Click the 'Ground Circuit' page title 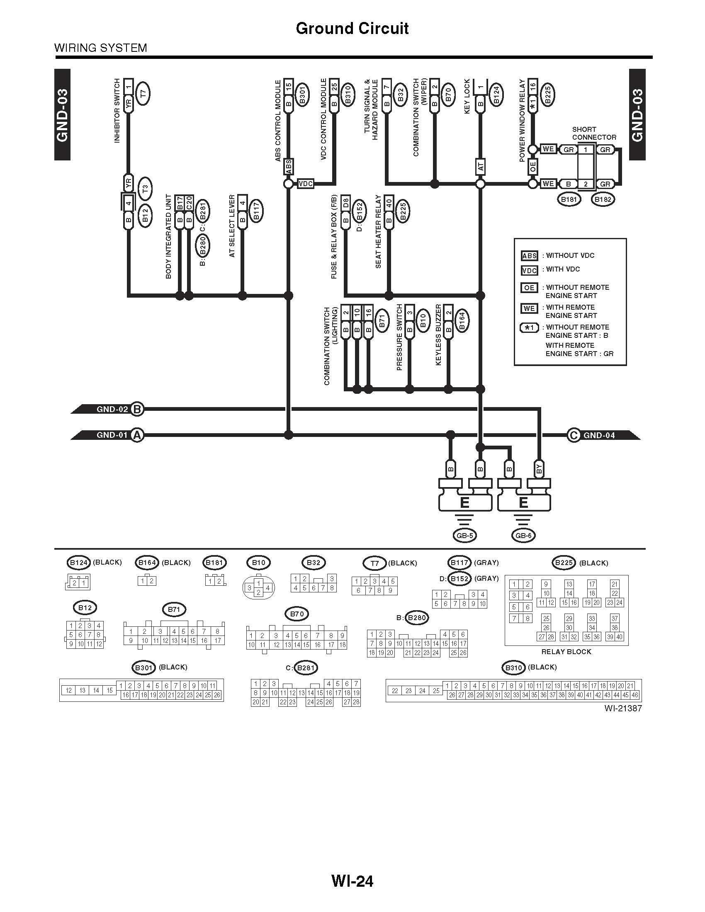(352, 28)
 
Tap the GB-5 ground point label (464, 536)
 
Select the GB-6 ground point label (523, 536)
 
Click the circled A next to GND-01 (136, 435)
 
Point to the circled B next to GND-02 (136, 409)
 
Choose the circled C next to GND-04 (574, 435)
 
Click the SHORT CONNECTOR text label (593, 133)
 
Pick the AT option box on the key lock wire (480, 167)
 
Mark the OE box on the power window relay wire (532, 167)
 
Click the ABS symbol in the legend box (529, 256)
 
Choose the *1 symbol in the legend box (529, 328)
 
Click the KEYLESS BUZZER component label (438, 335)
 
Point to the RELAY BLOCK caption (566, 651)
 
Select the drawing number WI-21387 (622, 708)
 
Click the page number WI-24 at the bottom (352, 881)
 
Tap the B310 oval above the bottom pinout (514, 668)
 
